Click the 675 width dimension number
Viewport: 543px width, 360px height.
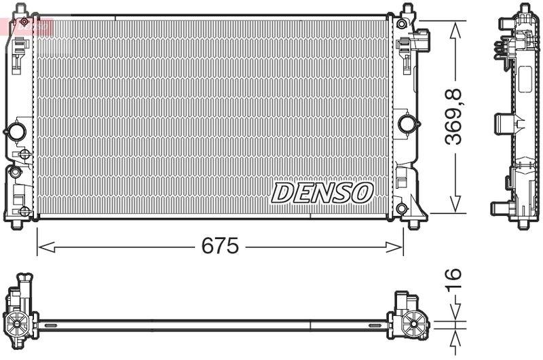220,247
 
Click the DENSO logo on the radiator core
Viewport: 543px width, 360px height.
322,192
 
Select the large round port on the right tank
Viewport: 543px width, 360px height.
407,124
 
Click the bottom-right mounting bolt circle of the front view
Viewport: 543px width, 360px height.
402,208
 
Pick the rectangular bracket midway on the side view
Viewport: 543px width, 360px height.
504,123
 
